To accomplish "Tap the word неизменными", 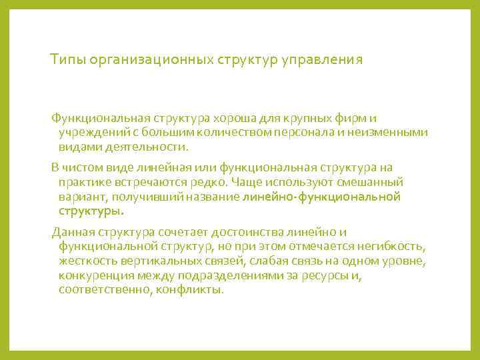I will coord(389,133).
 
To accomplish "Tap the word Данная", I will coord(71,231).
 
